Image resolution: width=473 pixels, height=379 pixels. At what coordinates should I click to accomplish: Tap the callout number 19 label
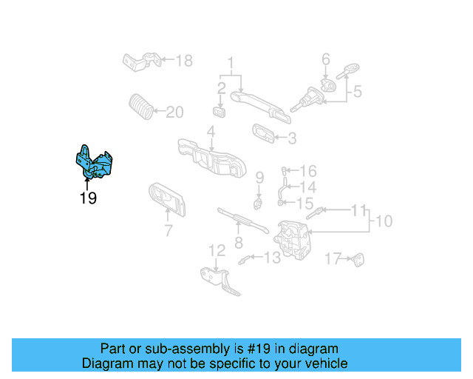click(88, 198)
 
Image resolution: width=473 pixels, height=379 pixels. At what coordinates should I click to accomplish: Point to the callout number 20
click(174, 113)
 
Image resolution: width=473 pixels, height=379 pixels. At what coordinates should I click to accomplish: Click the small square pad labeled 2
click(220, 112)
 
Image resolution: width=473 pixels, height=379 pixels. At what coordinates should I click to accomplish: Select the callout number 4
click(211, 133)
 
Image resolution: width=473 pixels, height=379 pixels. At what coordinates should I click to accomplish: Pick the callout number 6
click(325, 59)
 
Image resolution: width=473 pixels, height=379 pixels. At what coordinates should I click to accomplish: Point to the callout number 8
click(238, 242)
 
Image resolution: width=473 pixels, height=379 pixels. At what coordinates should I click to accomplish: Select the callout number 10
click(384, 221)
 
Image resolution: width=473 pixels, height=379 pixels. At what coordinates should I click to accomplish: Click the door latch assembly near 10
click(293, 237)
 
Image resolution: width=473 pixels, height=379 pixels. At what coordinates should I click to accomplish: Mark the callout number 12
click(215, 250)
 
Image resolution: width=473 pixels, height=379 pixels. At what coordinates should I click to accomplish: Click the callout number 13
click(272, 257)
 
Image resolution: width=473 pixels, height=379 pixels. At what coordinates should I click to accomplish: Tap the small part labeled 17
click(360, 259)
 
